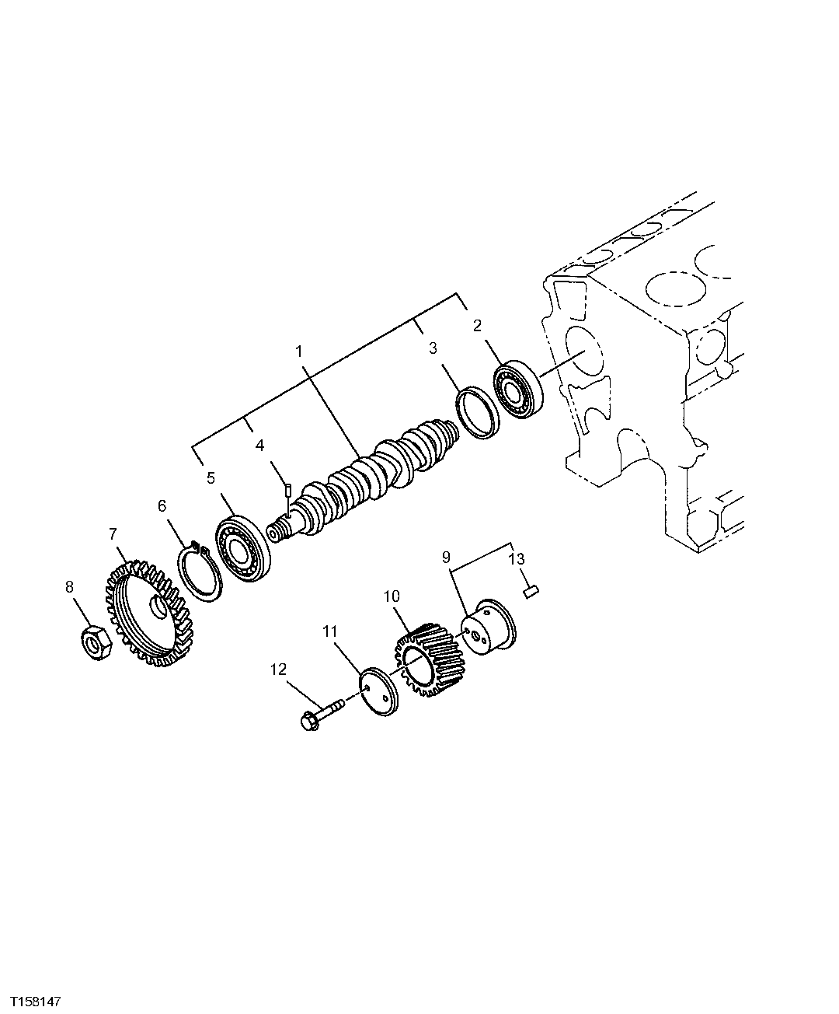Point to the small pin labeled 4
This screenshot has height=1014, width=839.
click(x=287, y=489)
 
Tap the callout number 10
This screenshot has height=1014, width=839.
click(x=392, y=596)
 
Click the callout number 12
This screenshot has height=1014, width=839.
click(x=278, y=669)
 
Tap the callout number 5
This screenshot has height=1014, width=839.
click(x=211, y=477)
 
